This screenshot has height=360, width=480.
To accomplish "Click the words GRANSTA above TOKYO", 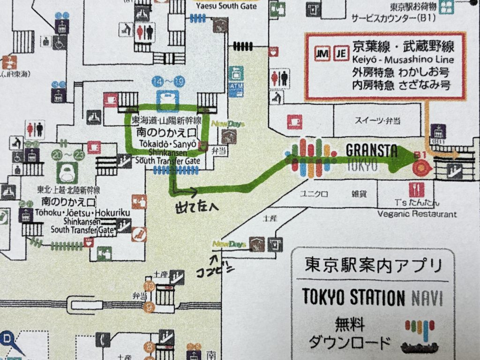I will [x=371, y=151].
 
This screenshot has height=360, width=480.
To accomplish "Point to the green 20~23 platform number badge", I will [x=66, y=153].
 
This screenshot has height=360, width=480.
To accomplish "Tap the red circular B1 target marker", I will [x=420, y=165].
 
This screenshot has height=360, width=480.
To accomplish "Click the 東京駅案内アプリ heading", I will [x=373, y=266].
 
